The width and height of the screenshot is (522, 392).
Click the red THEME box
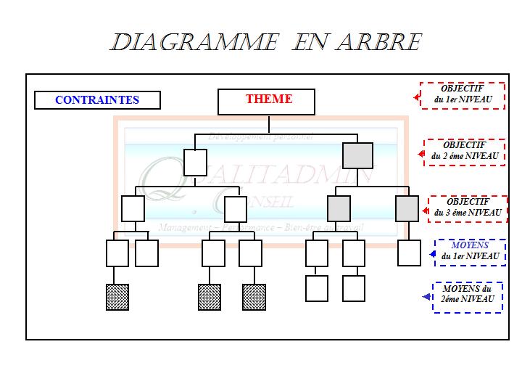coord(266,102)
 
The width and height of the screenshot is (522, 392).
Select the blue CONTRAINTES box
coord(97,100)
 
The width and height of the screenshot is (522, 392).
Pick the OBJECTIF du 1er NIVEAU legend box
coord(463,94)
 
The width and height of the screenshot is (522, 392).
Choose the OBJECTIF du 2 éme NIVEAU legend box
coord(464,152)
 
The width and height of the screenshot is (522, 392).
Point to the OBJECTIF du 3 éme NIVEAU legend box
coord(467,208)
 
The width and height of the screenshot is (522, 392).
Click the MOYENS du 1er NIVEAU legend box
coord(469,251)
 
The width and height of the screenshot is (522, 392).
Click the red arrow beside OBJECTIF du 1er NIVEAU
coord(418,96)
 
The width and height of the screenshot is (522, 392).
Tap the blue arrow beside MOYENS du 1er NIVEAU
coord(427,253)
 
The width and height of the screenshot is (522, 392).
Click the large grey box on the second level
coord(357,155)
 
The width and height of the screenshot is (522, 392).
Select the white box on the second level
coord(196,162)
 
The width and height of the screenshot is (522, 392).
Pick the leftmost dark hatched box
coord(117,297)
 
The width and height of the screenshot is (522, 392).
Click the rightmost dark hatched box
coord(254,297)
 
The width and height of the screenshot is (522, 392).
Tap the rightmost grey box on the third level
coord(407,208)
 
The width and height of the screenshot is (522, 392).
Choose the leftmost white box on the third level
coord(133,208)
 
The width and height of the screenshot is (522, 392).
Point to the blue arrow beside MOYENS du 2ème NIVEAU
coord(426,297)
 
